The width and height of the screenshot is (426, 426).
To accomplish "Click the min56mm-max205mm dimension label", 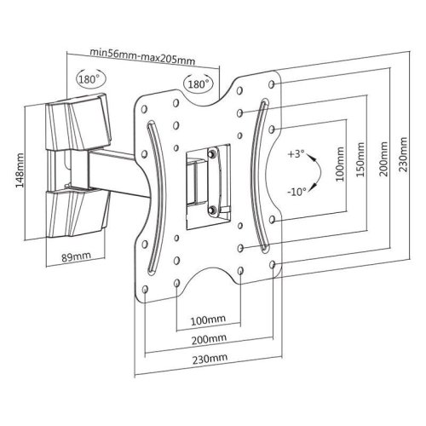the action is pos(142,56).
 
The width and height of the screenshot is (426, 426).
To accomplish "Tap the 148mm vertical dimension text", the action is pos(20,170).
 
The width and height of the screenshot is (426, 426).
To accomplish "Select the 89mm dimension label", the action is pos(76,257).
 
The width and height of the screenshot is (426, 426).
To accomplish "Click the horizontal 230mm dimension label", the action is pos(210,359).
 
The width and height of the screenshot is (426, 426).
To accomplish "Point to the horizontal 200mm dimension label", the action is pos(209,339).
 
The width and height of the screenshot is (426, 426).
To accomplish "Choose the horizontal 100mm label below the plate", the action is pos(208,320).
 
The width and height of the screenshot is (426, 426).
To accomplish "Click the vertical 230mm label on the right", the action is pos(404,154).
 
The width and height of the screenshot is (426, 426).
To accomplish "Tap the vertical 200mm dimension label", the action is pos(383,159).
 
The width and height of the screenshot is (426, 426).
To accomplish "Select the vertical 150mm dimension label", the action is pos(360,159).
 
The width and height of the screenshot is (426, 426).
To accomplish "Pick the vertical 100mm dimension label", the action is pos(340,164).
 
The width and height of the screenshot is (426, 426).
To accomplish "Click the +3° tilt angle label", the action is pos(296,154).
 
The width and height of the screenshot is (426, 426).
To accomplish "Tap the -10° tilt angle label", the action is pos(297,192).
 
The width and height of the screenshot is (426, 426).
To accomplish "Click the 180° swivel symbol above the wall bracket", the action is pos(89,78).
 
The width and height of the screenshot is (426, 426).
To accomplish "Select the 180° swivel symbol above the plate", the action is pos(199,83).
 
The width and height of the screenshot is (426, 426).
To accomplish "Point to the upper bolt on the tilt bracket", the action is pos(211,153).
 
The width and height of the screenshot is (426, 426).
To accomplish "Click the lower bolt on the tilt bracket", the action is pos(211,210).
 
